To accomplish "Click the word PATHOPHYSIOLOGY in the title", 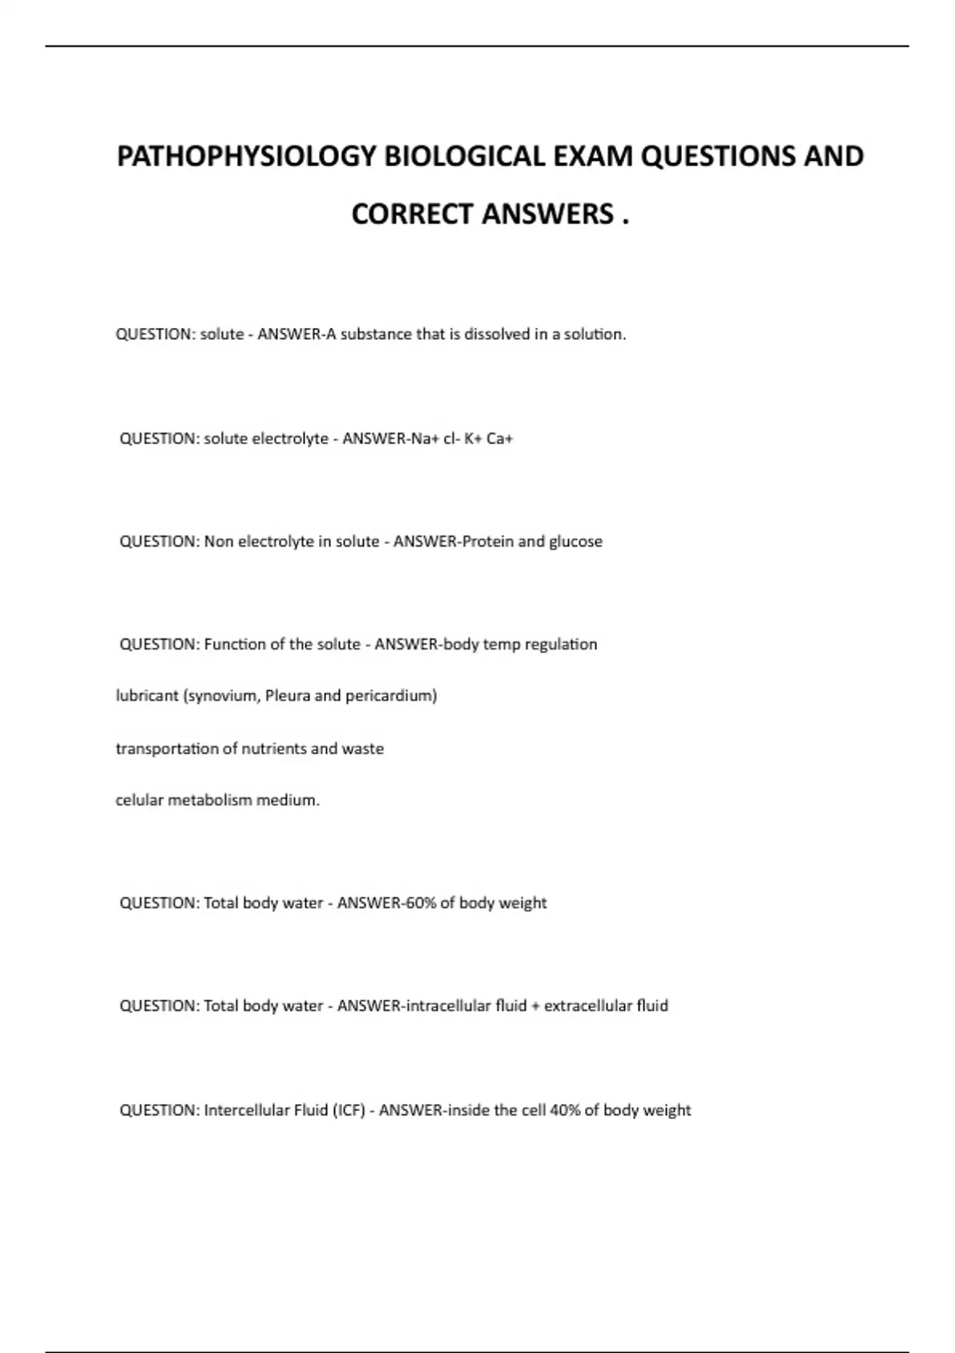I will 247,156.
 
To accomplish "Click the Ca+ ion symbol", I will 500,439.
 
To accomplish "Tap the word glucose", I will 575,541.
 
